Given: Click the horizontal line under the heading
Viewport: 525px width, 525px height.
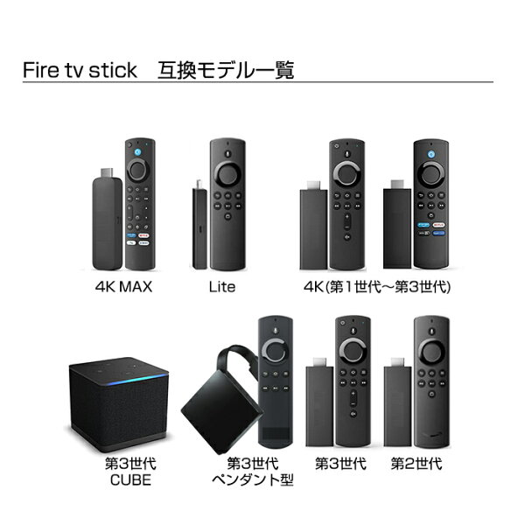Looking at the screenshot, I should click(262, 82).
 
